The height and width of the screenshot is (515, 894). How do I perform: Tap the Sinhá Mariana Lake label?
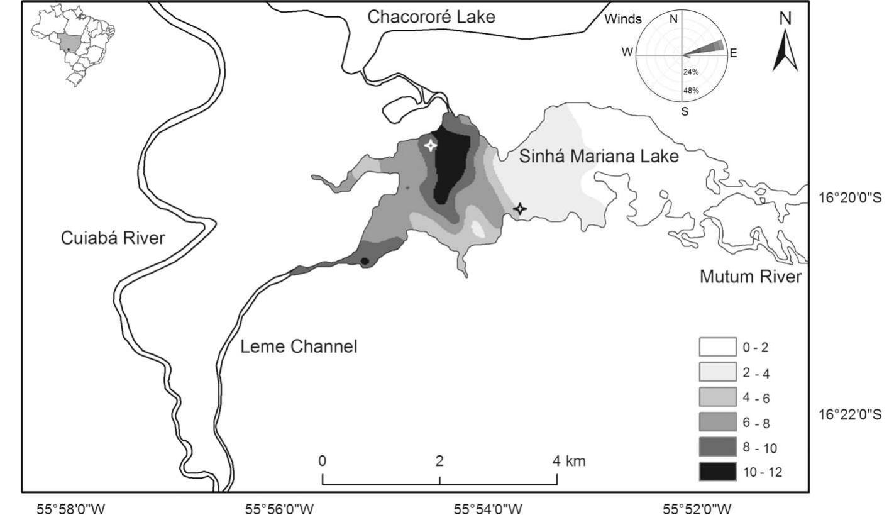[599, 157]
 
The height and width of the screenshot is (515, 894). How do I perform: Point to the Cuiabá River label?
[113, 238]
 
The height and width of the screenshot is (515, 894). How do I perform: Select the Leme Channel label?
[299, 346]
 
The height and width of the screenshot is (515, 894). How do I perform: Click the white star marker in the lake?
[430, 145]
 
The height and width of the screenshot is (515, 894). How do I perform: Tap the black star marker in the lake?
[519, 208]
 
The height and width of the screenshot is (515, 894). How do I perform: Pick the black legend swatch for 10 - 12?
[717, 472]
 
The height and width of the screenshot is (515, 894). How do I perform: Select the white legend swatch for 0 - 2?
[717, 346]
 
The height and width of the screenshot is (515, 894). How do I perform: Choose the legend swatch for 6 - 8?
[717, 421]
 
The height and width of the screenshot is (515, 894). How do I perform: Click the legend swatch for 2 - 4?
[717, 372]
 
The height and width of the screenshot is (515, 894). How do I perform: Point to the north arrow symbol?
[785, 47]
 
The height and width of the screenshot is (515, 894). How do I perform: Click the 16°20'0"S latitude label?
[853, 197]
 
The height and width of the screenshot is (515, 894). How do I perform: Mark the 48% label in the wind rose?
[691, 90]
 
